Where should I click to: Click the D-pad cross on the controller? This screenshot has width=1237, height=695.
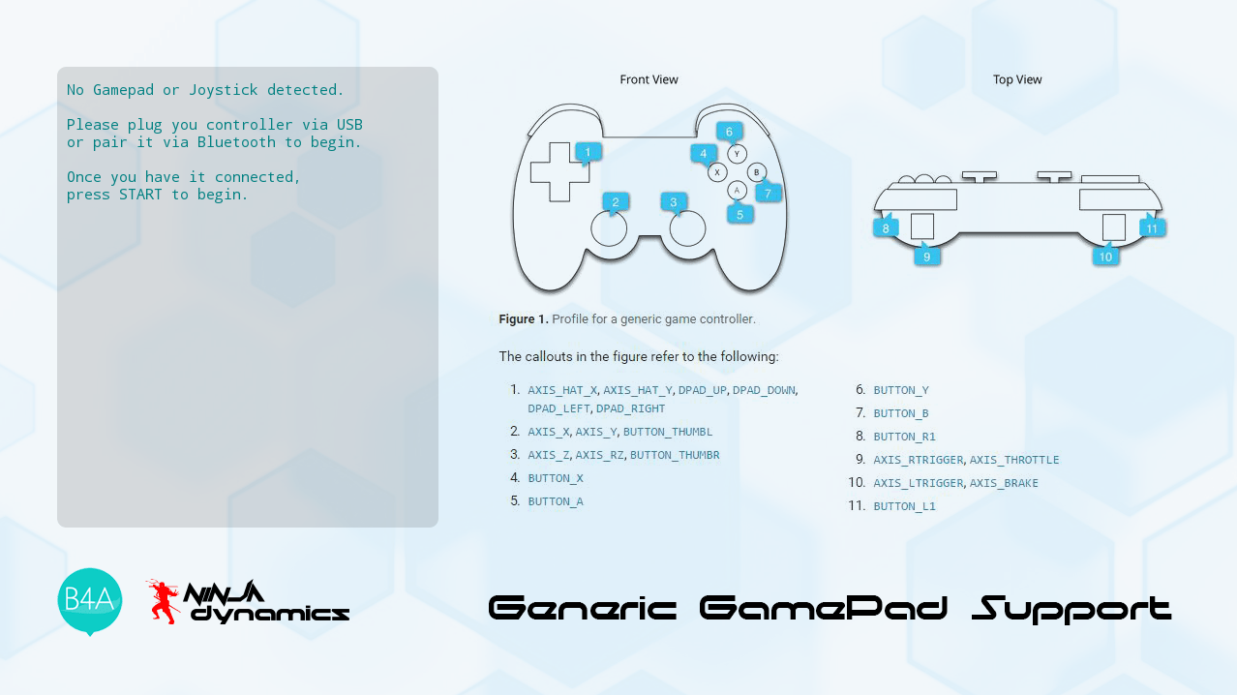(558, 171)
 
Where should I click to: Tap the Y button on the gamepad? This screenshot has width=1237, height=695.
(738, 153)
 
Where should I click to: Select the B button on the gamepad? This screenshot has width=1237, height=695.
(756, 172)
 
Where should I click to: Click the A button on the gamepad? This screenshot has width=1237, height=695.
(738, 191)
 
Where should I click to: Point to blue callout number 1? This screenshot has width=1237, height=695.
(588, 152)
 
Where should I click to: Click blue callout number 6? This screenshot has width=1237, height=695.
(730, 132)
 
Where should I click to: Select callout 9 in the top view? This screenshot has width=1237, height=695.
(927, 256)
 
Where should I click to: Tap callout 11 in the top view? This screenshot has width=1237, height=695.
(1152, 227)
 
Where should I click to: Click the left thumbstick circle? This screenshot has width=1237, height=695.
(609, 228)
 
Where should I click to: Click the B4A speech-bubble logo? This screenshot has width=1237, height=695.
(90, 600)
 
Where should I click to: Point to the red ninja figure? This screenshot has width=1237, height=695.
(164, 600)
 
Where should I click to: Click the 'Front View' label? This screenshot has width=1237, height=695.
(649, 79)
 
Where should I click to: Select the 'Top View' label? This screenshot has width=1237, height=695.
(1017, 79)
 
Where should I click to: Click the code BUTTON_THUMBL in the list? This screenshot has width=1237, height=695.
(667, 432)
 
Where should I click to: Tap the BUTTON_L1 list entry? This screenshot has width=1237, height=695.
(904, 506)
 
